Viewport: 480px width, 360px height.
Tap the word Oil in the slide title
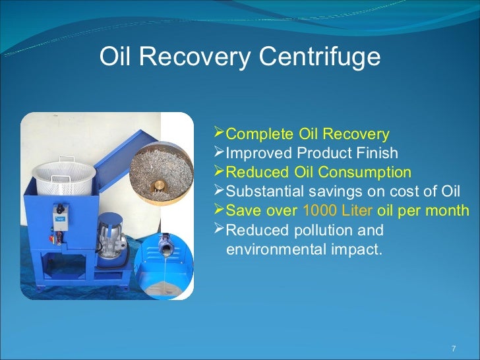115,57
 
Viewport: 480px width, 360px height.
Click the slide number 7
453,348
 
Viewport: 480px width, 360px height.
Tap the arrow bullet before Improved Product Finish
220,154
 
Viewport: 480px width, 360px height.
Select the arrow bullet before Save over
220,211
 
